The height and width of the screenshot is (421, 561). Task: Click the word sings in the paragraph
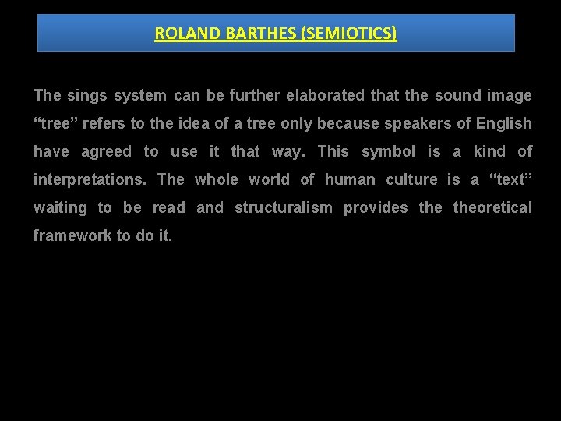(x=88, y=96)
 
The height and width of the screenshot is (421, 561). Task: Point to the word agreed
(x=107, y=152)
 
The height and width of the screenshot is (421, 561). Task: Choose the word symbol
(x=389, y=152)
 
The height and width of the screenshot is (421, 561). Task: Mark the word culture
(x=411, y=180)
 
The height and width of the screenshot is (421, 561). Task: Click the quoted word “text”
(x=510, y=180)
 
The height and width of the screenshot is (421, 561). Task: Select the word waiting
(x=60, y=208)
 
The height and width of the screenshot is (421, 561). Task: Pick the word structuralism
(x=284, y=208)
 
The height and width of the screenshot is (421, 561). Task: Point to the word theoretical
(x=492, y=208)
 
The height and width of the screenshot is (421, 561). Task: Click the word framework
(x=71, y=236)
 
